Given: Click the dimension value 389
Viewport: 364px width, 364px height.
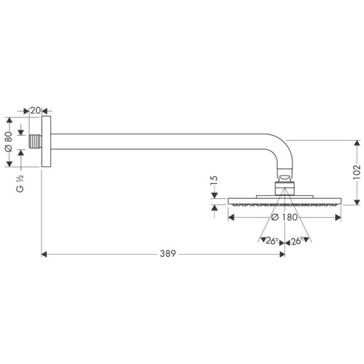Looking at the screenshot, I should tap(166, 254).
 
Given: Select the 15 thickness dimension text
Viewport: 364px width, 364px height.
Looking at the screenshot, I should tap(214, 182).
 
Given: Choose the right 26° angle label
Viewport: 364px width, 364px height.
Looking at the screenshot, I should tap(297, 240).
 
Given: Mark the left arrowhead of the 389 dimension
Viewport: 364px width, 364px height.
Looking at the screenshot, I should tap(44, 254).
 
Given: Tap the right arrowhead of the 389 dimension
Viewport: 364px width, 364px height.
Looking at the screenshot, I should tap(279, 254).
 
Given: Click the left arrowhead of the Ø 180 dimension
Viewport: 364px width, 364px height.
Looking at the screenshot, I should tap(230, 218).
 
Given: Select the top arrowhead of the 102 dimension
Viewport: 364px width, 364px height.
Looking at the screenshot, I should tap(356, 142).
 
